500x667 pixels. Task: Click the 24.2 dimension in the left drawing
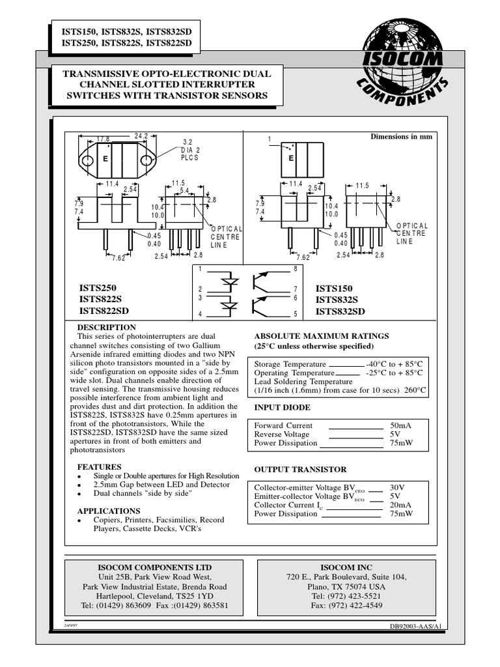tap(141, 135)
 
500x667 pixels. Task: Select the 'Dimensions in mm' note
tap(401, 137)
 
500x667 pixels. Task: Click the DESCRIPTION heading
tap(107, 327)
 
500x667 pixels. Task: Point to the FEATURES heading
tap(100, 467)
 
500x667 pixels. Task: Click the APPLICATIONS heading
tap(109, 511)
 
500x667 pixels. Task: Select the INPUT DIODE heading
tap(282, 407)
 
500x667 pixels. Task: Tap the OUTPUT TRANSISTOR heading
tap(300, 469)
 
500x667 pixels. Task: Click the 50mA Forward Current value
tap(400, 425)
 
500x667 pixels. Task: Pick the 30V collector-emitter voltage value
tap(397, 487)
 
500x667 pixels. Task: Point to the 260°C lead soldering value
tap(415, 391)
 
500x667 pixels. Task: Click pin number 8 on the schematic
tap(295, 268)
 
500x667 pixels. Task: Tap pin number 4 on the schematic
tap(201, 315)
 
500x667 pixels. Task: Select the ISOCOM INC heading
tap(346, 567)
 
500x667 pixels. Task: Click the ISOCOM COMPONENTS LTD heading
tap(155, 567)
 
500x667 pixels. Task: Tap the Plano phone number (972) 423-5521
tap(346, 595)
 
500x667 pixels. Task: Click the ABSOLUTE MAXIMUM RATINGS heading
tap(321, 336)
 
